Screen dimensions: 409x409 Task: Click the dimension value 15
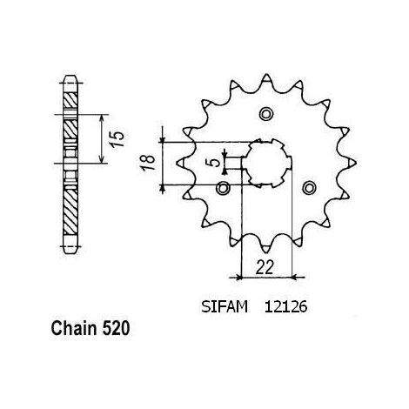click(118, 139)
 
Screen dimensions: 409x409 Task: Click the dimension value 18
click(148, 164)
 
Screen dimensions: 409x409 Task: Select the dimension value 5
click(215, 163)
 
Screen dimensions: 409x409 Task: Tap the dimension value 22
click(265, 267)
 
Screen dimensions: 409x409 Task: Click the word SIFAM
click(225, 306)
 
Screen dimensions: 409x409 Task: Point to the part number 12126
click(285, 306)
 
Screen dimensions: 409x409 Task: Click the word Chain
click(74, 328)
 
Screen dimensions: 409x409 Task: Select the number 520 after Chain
click(116, 328)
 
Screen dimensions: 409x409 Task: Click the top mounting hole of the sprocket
click(265, 114)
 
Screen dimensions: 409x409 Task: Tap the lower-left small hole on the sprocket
click(223, 189)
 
